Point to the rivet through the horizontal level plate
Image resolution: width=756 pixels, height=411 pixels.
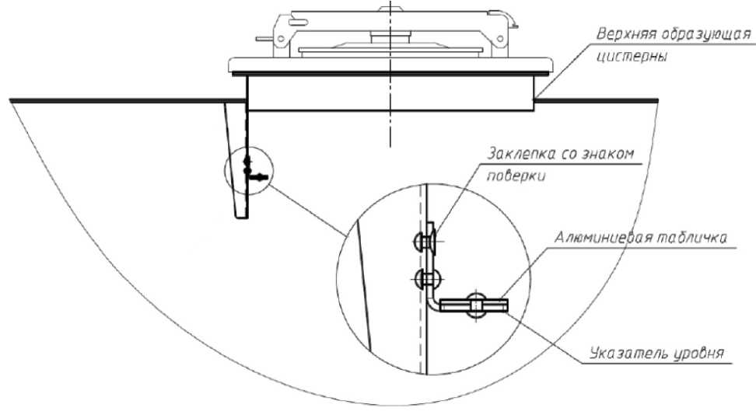[x=474, y=305]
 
